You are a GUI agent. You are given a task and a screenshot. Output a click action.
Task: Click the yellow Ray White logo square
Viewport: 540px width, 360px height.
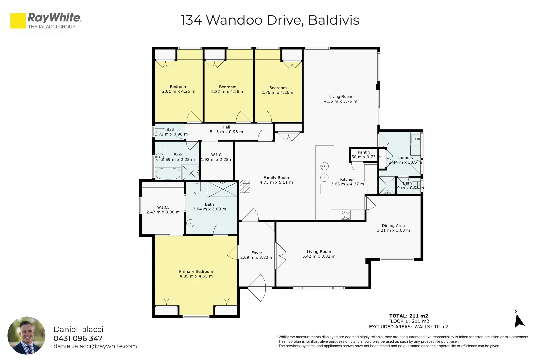click(18, 21)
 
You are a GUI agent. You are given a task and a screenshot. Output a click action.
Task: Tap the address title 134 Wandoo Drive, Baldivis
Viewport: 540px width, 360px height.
click(270, 20)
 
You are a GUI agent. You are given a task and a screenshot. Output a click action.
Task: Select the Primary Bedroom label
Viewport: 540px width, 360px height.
click(196, 271)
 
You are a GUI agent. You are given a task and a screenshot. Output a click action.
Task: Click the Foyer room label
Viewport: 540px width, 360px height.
click(257, 253)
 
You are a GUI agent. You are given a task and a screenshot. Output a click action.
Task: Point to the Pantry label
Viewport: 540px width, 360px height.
click(364, 152)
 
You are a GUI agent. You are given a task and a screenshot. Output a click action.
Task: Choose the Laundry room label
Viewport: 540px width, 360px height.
click(405, 157)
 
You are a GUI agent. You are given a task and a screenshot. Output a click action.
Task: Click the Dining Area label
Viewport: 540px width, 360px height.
click(393, 225)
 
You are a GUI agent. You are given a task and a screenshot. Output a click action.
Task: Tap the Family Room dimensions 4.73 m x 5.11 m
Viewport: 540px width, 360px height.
click(276, 182)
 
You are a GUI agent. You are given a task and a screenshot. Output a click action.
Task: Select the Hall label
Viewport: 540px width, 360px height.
click(226, 127)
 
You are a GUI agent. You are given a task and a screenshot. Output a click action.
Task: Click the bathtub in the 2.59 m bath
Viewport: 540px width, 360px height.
click(168, 173)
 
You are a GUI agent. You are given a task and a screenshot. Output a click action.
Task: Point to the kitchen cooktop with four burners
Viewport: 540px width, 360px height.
click(346, 215)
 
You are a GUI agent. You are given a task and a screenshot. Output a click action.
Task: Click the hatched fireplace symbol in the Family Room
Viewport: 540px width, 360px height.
click(245, 186)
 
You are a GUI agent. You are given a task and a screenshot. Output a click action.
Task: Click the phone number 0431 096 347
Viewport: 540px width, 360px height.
click(78, 338)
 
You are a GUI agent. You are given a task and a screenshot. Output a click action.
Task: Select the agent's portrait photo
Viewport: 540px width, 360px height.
click(26, 335)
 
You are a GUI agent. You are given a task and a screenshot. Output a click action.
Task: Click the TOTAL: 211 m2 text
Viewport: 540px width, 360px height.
click(409, 316)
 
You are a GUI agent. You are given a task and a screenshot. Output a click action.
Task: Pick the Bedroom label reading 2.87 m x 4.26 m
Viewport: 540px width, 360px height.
click(228, 87)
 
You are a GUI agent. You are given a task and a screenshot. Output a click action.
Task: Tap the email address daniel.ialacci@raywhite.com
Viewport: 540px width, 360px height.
click(95, 346)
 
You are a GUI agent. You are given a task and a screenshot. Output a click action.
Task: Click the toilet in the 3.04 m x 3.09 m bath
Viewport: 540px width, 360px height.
click(197, 189)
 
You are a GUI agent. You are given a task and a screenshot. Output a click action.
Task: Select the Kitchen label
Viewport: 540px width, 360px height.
click(347, 179)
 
